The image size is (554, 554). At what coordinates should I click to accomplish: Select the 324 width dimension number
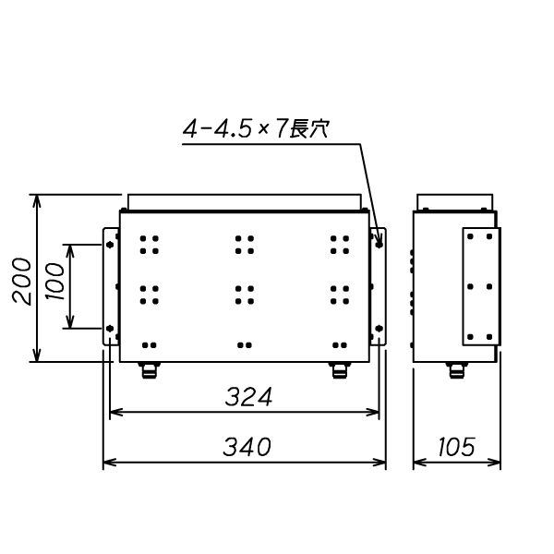pos(248,397)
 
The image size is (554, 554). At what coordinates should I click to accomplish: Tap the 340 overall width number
pos(247,447)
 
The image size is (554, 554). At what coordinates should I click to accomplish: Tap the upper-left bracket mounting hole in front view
pos(110,246)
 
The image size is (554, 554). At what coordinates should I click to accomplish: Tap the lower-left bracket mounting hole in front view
pos(110,328)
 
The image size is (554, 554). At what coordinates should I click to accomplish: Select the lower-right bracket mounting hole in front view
pos(379,328)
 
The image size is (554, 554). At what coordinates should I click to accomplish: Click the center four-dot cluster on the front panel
pos(245,294)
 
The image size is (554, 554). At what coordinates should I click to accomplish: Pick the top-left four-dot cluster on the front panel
pos(149,244)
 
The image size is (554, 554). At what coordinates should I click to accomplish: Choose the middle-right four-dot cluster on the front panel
pos(340,294)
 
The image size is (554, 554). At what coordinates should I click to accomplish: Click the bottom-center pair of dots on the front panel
pos(245,344)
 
